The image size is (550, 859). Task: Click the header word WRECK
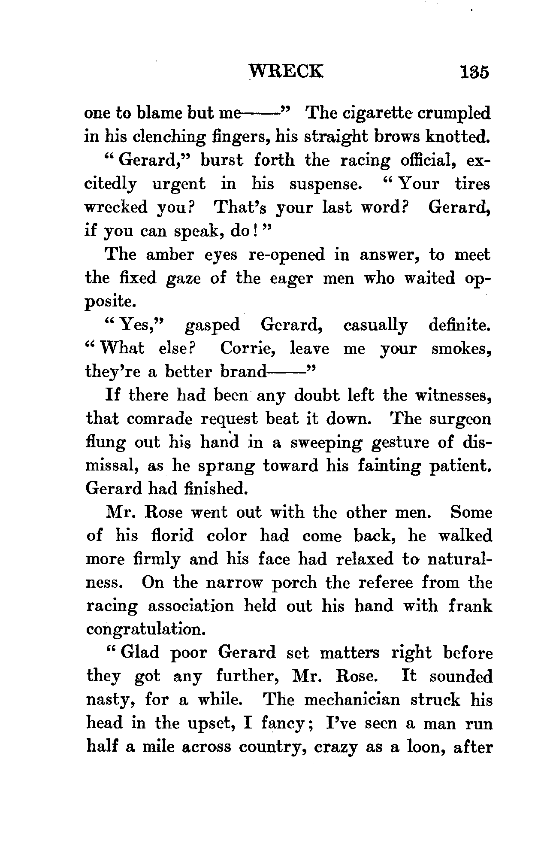[286, 71]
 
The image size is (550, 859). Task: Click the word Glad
[139, 653]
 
